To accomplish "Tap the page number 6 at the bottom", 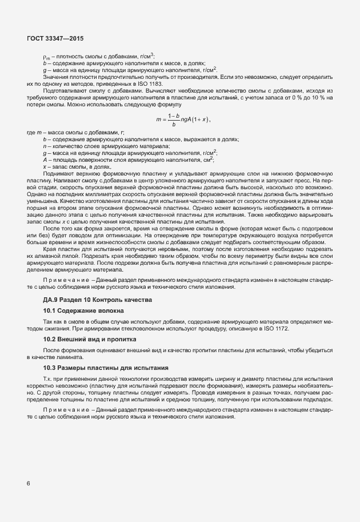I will [x=29, y=483].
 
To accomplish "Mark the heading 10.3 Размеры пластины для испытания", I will [x=97, y=367].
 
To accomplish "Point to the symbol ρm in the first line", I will [x=46, y=57].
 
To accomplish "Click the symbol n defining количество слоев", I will [x=45, y=146].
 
